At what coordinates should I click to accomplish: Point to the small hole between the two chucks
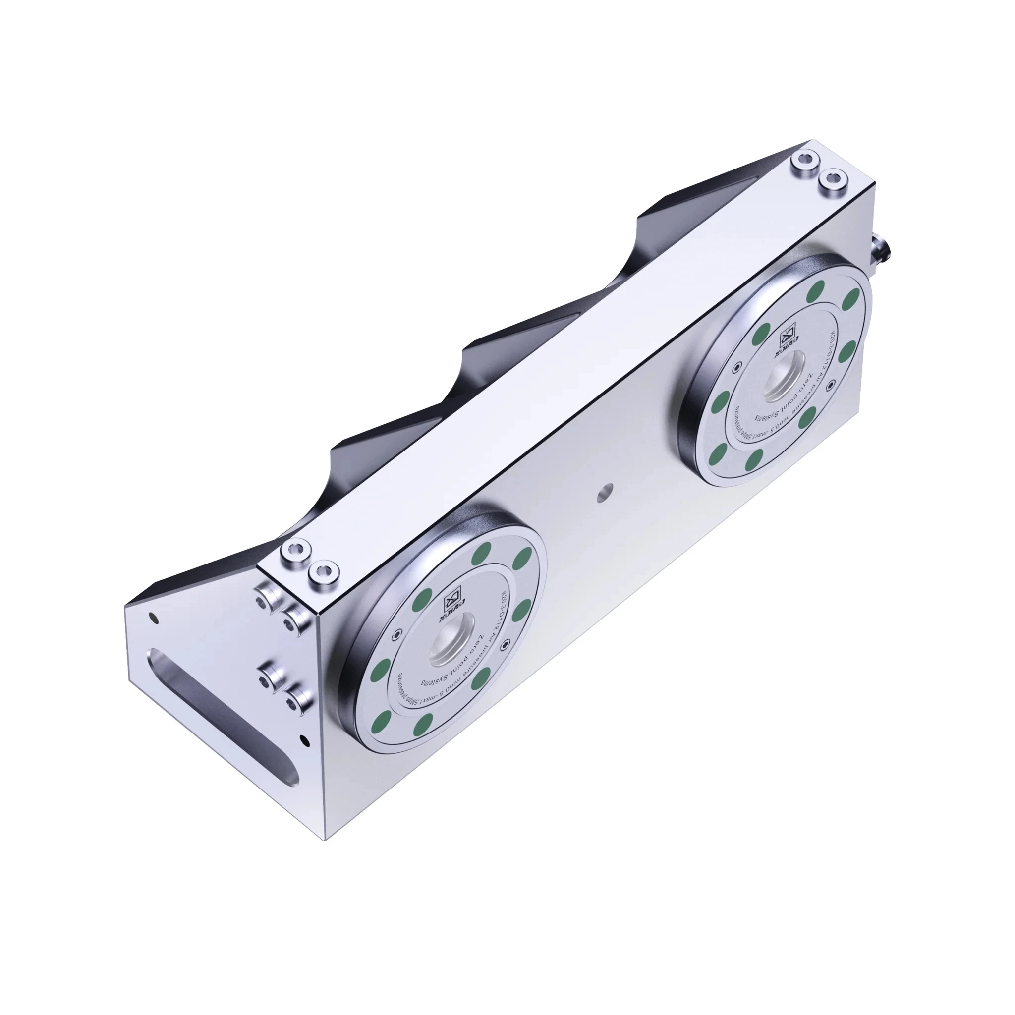606,492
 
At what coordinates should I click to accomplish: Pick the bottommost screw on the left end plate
299,698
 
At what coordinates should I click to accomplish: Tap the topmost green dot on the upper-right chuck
816,289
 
